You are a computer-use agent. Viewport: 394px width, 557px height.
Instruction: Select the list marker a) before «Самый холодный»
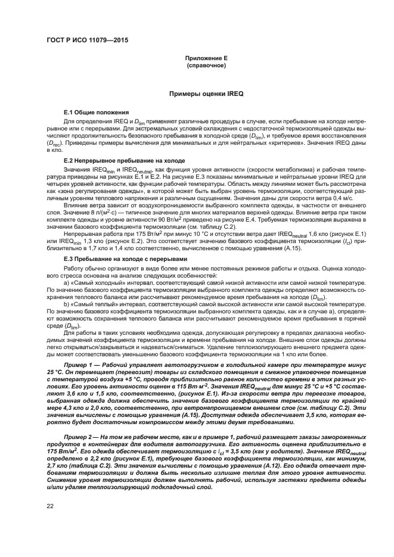[x=67, y=282]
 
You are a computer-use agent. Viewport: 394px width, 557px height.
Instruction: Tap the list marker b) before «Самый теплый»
[x=67, y=304]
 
